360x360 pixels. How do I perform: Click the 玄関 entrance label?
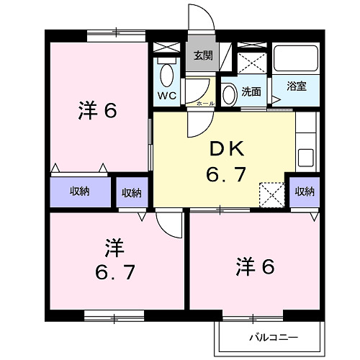pyautogui.click(x=202, y=55)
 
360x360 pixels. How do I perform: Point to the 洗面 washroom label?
pyautogui.click(x=251, y=91)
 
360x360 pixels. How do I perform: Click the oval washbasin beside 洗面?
pyautogui.click(x=229, y=94)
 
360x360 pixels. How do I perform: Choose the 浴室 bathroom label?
pyautogui.click(x=296, y=86)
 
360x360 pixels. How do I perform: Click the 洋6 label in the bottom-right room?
pyautogui.click(x=255, y=266)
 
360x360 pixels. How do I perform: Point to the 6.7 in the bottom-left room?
pyautogui.click(x=114, y=274)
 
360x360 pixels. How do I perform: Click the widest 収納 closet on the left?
pyautogui.click(x=79, y=192)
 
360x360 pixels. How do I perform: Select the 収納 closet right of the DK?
pyautogui.click(x=305, y=191)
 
